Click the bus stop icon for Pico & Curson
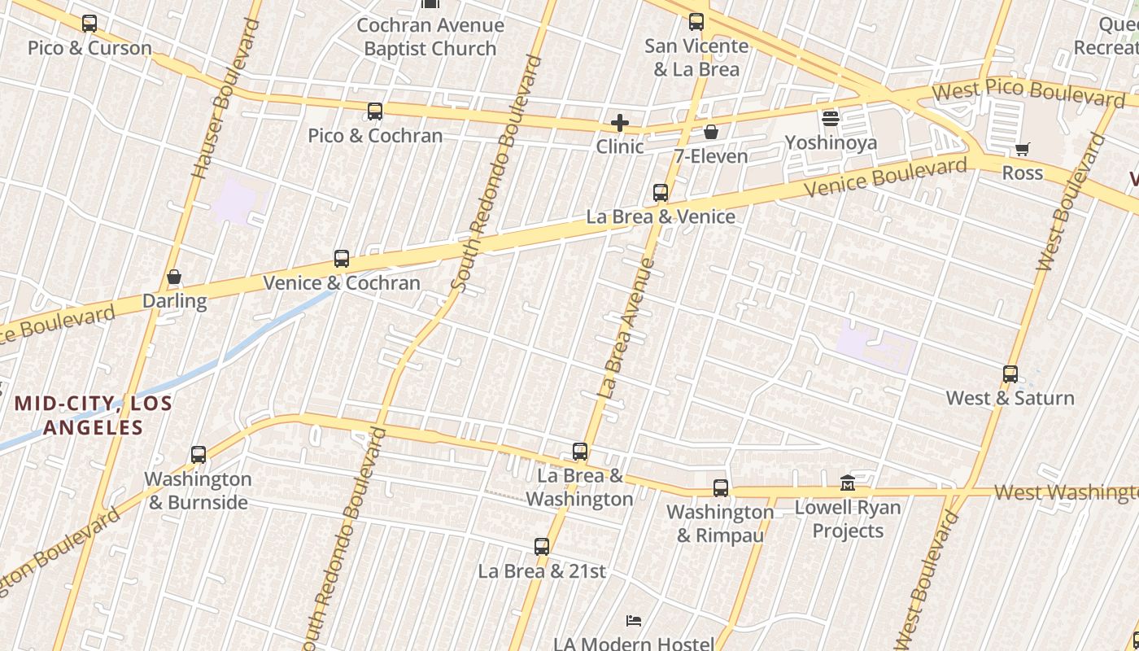point(89,24)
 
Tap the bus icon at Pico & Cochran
point(375,111)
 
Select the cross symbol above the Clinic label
point(620,123)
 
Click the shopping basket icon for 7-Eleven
point(711,132)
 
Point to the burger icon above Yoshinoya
point(831,119)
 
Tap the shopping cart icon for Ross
point(1023,149)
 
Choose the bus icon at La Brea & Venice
point(661,193)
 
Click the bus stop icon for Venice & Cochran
point(342,259)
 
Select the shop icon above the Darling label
point(174,277)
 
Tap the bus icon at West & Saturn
point(1010,374)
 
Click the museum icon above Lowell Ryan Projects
point(848,483)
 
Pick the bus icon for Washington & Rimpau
point(721,488)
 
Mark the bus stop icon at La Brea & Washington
point(580,452)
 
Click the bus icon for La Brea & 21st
point(542,547)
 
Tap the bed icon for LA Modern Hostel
point(634,621)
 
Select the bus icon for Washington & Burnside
point(199,455)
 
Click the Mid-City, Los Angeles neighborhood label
point(93,415)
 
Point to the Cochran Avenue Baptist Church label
point(430,37)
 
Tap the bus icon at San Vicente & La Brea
point(696,22)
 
